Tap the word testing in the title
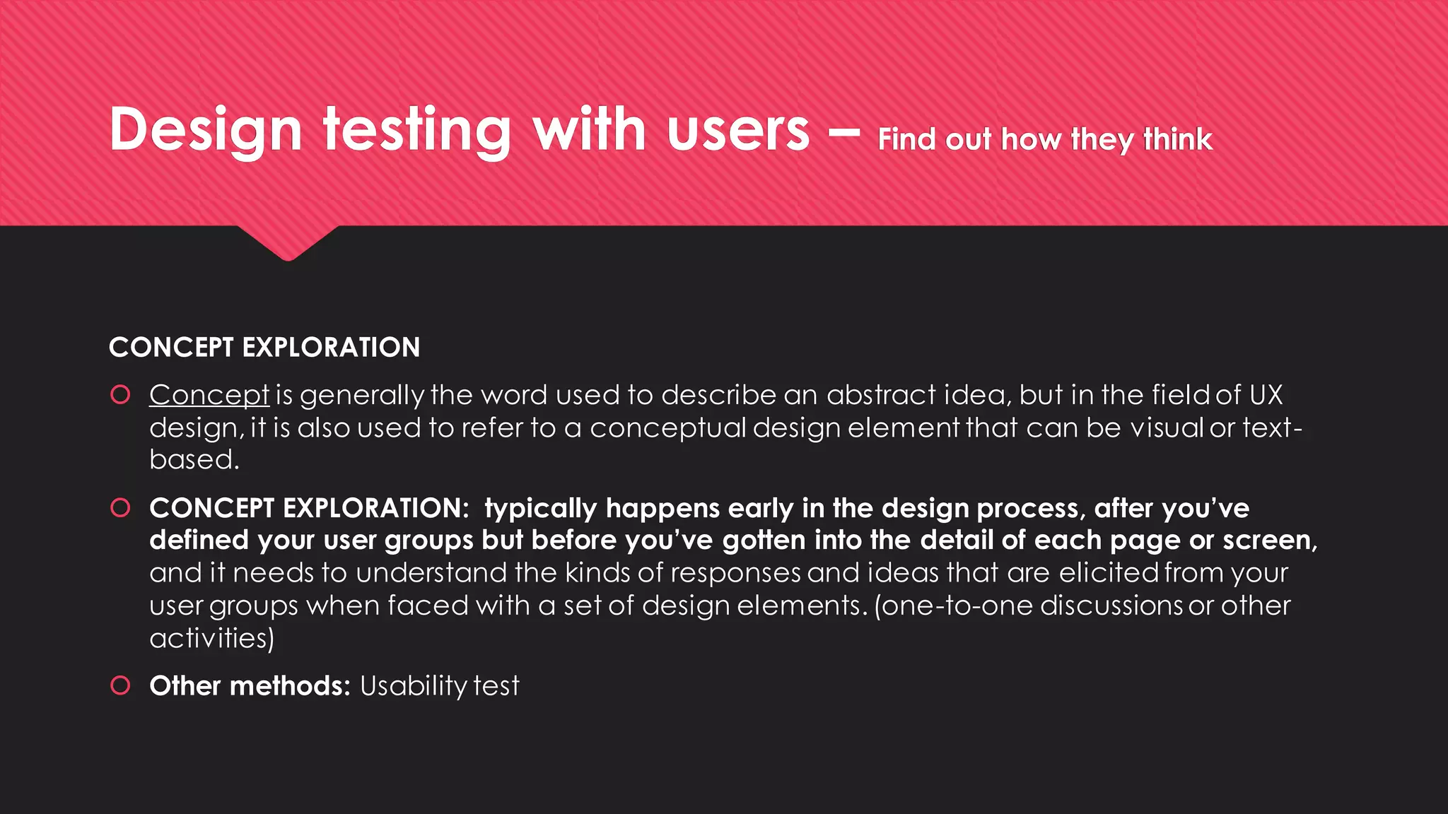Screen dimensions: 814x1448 tap(416, 131)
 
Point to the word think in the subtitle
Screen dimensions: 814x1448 tap(1178, 139)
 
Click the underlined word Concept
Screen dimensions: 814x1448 tap(209, 395)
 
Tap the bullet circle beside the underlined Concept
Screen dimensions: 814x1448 tap(121, 394)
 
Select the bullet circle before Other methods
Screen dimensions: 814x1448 tap(121, 685)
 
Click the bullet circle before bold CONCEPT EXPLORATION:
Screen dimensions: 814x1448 tap(121, 507)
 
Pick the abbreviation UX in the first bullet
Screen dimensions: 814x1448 tap(1266, 395)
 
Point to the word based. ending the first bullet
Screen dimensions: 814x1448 tap(194, 460)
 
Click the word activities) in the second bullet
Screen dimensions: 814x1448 tap(211, 638)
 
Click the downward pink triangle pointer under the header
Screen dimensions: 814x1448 tap(288, 243)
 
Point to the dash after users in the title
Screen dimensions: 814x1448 tap(843, 131)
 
